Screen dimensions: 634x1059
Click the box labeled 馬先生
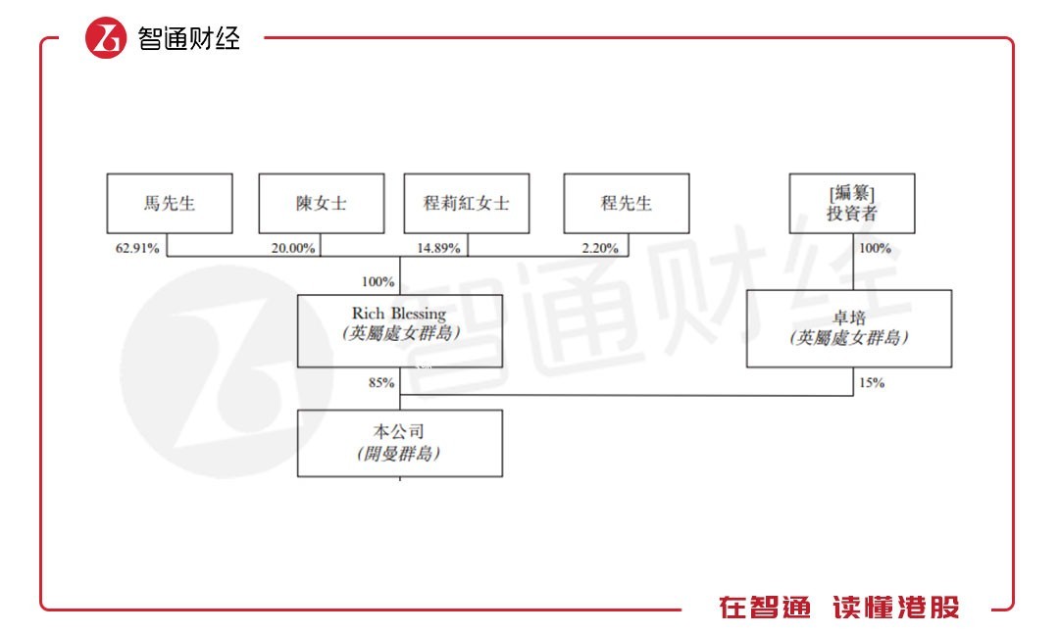tap(170, 204)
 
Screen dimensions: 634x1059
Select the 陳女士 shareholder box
tap(322, 204)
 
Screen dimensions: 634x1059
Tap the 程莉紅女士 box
tap(466, 204)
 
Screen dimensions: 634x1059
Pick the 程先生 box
tap(626, 204)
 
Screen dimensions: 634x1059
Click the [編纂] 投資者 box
tap(852, 204)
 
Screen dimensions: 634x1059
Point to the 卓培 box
tap(849, 328)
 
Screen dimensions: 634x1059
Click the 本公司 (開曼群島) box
tap(400, 443)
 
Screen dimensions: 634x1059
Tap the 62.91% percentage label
tap(137, 248)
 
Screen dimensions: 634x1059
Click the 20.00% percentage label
tap(293, 248)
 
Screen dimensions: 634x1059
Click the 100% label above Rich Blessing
tap(378, 282)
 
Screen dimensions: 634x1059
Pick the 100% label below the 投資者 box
tap(875, 248)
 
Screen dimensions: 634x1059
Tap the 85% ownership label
tap(381, 382)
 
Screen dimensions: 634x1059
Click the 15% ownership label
tap(871, 382)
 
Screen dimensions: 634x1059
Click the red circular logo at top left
tap(106, 38)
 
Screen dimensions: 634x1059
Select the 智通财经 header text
tap(189, 38)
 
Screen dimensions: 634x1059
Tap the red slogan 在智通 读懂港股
tap(839, 608)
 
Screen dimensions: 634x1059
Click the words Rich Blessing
tap(399, 314)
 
